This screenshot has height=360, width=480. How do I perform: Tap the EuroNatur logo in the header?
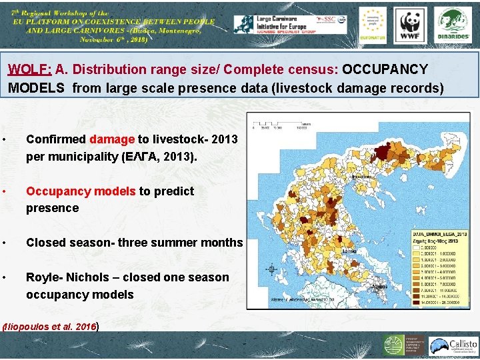372,25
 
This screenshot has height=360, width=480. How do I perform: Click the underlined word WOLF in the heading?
30,69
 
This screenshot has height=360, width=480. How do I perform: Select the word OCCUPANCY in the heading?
385,69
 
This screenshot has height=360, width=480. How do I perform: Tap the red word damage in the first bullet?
112,139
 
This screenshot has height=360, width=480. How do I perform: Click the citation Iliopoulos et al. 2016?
51,327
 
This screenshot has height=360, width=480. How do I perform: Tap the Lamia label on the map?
347,251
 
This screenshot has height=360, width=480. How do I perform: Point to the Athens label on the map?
379,285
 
